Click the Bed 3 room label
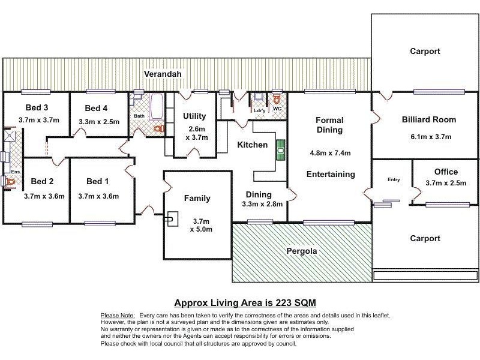click(x=37, y=108)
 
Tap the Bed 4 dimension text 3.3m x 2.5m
click(x=99, y=121)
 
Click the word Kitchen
click(x=252, y=145)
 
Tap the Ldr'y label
click(x=259, y=110)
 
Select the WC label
click(x=277, y=109)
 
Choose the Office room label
click(x=445, y=172)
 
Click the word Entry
click(x=394, y=179)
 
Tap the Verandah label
click(x=163, y=74)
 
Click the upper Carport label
click(x=425, y=51)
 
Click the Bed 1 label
click(x=98, y=181)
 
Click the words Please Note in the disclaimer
click(x=118, y=315)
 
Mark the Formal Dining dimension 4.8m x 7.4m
click(x=329, y=152)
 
